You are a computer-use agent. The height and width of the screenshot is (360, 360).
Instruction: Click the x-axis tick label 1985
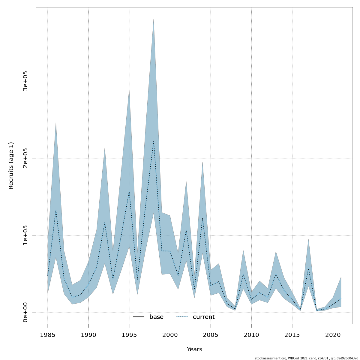48,335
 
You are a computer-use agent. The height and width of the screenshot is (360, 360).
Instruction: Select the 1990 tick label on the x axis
88,335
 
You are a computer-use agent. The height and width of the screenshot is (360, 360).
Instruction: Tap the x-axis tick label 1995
129,335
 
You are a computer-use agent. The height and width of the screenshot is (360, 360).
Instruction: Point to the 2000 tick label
170,335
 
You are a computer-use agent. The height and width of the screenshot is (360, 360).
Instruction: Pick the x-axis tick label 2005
211,335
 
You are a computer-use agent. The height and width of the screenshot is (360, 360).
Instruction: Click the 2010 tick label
251,335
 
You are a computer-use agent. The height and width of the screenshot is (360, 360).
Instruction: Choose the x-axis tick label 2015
292,335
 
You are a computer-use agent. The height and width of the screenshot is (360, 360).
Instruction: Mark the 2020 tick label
333,335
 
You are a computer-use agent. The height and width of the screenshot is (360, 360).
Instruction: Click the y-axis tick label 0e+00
25,312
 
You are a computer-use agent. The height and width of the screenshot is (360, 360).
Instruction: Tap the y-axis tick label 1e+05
25,235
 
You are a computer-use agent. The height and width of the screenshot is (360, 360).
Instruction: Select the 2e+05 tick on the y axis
25,158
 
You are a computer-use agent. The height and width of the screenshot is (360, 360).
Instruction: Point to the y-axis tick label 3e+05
25,81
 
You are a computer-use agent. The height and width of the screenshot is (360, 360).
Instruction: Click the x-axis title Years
194,349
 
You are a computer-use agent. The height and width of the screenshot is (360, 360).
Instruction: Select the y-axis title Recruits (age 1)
11,166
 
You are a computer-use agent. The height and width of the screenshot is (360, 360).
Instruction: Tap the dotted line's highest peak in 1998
154,141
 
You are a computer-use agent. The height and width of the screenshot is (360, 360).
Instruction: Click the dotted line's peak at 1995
129,191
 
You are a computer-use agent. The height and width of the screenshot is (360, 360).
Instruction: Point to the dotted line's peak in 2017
308,268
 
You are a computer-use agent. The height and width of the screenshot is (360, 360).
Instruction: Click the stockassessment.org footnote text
306,358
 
